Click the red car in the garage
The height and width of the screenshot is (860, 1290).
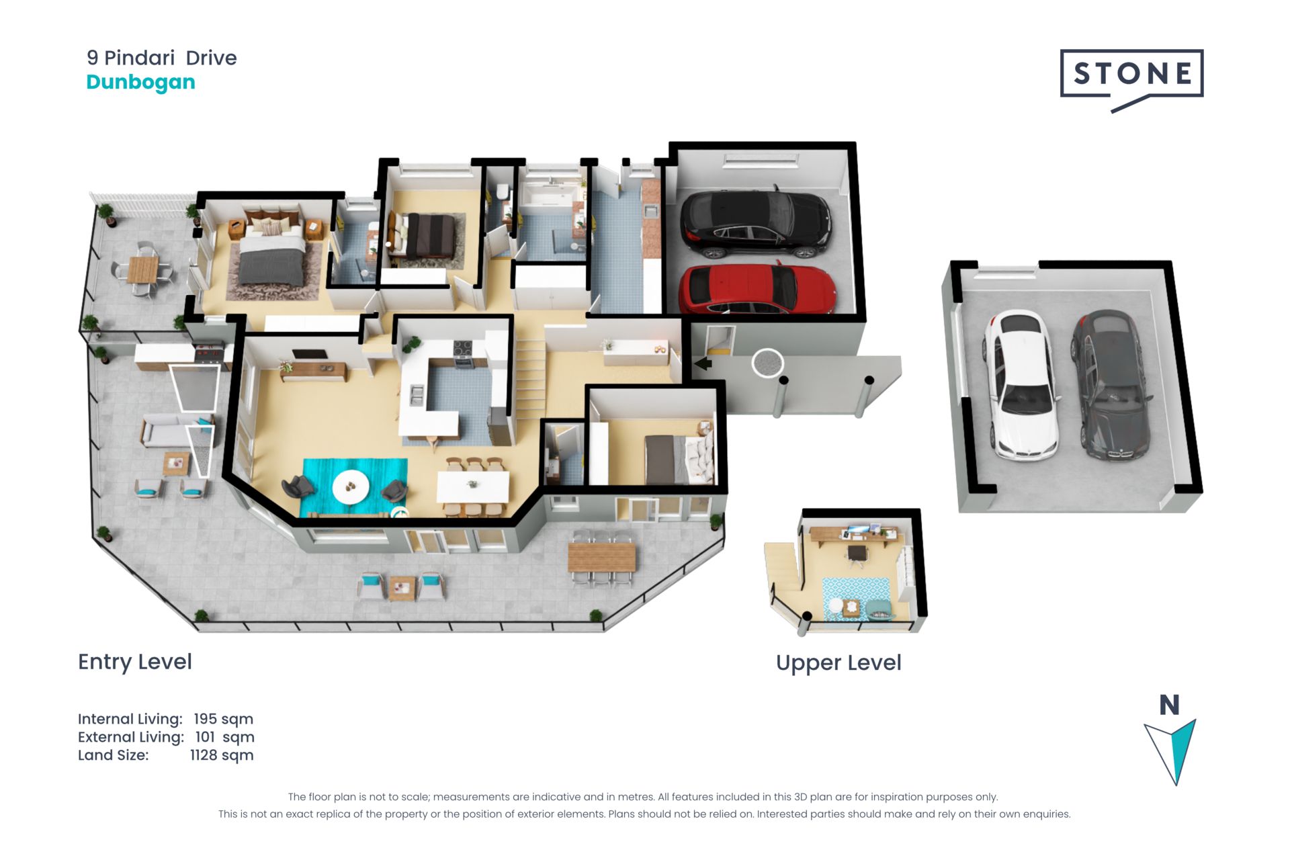757,290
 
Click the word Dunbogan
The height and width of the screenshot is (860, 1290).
141,82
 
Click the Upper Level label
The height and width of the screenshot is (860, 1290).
838,662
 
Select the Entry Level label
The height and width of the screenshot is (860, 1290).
135,662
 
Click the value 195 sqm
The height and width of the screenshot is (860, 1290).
224,719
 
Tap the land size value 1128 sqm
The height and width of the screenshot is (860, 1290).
222,755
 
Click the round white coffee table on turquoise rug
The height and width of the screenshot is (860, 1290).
351,485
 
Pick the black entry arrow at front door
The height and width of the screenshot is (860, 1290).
703,363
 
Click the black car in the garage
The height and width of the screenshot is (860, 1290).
755,224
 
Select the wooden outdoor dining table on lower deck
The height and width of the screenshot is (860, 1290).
601,558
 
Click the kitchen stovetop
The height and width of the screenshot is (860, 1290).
463,349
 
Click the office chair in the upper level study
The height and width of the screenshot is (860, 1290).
857,554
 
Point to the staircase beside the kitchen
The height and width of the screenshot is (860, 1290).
530,380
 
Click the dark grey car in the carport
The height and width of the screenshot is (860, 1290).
1110,384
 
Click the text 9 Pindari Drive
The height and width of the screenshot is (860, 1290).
162,58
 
